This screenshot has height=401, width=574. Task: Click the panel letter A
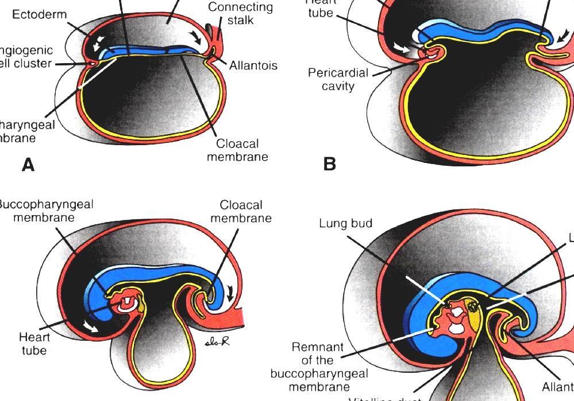(x=28, y=165)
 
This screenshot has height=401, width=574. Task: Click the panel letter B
(x=329, y=164)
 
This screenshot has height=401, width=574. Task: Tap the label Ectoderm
(x=39, y=14)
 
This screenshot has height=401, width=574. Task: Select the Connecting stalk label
(x=240, y=14)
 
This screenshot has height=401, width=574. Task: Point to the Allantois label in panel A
(x=253, y=65)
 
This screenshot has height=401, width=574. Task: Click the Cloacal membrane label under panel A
(x=237, y=150)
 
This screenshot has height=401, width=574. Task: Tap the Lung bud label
(x=345, y=223)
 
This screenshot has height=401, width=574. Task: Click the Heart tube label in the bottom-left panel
(x=34, y=343)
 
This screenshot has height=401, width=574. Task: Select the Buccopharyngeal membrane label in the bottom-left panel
(x=45, y=211)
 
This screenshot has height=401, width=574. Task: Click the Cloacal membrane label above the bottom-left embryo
(x=241, y=211)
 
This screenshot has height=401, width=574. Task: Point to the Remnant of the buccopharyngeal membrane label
(x=318, y=367)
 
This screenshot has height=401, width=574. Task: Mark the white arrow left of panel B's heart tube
(x=403, y=49)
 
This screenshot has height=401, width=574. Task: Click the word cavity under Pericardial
(x=338, y=87)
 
